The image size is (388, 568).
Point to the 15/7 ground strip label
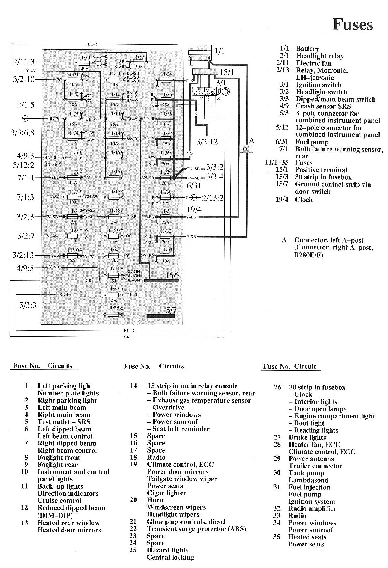(169, 310)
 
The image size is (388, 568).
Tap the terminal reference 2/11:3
(24, 62)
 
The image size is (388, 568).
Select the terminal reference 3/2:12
(207, 142)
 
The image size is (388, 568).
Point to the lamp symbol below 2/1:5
(25, 118)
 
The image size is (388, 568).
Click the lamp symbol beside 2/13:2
(194, 197)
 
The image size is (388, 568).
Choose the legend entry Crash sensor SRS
(323, 106)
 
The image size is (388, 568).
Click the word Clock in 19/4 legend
(304, 200)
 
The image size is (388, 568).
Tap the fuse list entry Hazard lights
(167, 550)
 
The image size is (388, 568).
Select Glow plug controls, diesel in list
(186, 522)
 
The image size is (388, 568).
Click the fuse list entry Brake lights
(307, 437)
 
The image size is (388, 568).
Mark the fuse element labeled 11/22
(113, 295)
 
